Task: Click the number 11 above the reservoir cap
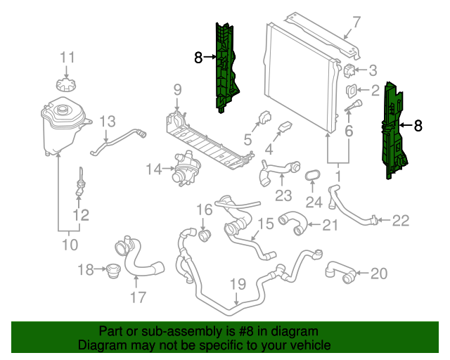pos(66,57)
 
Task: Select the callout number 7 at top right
pos(356,22)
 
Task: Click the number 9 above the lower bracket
pos(177,89)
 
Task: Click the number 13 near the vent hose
pos(107,122)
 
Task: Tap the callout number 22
pos(400,221)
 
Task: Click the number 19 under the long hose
pos(237,285)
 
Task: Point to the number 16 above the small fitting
pos(204,210)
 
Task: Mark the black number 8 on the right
pos(418,126)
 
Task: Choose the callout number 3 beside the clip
pos(373,70)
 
